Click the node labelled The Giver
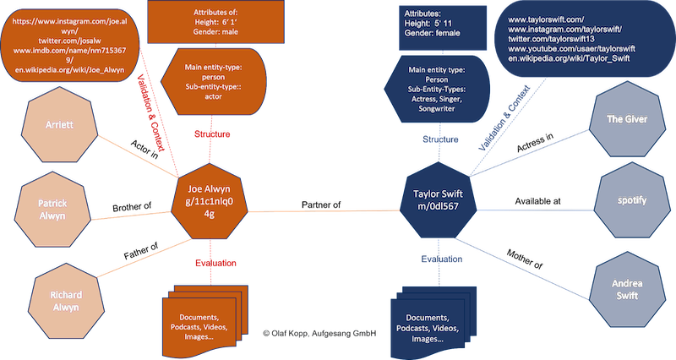coord(627,120)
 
